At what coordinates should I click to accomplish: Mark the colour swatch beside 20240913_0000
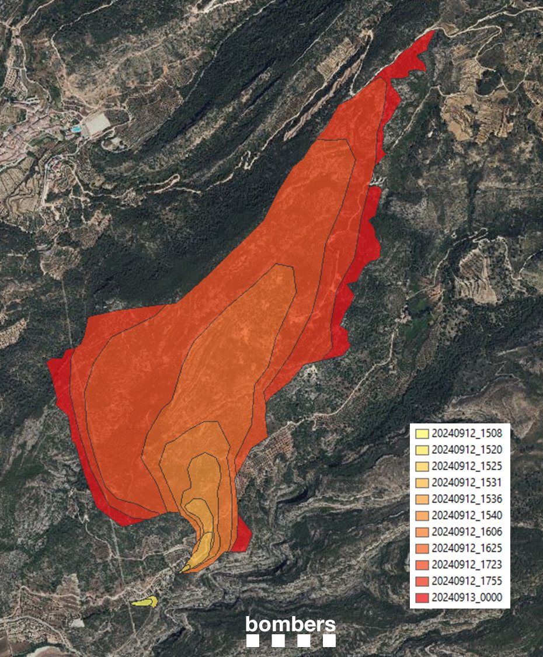422,597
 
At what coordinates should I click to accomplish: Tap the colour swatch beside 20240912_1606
422,532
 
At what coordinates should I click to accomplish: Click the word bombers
291,624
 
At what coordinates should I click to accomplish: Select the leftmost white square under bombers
253,641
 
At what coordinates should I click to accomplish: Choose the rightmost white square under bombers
329,641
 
